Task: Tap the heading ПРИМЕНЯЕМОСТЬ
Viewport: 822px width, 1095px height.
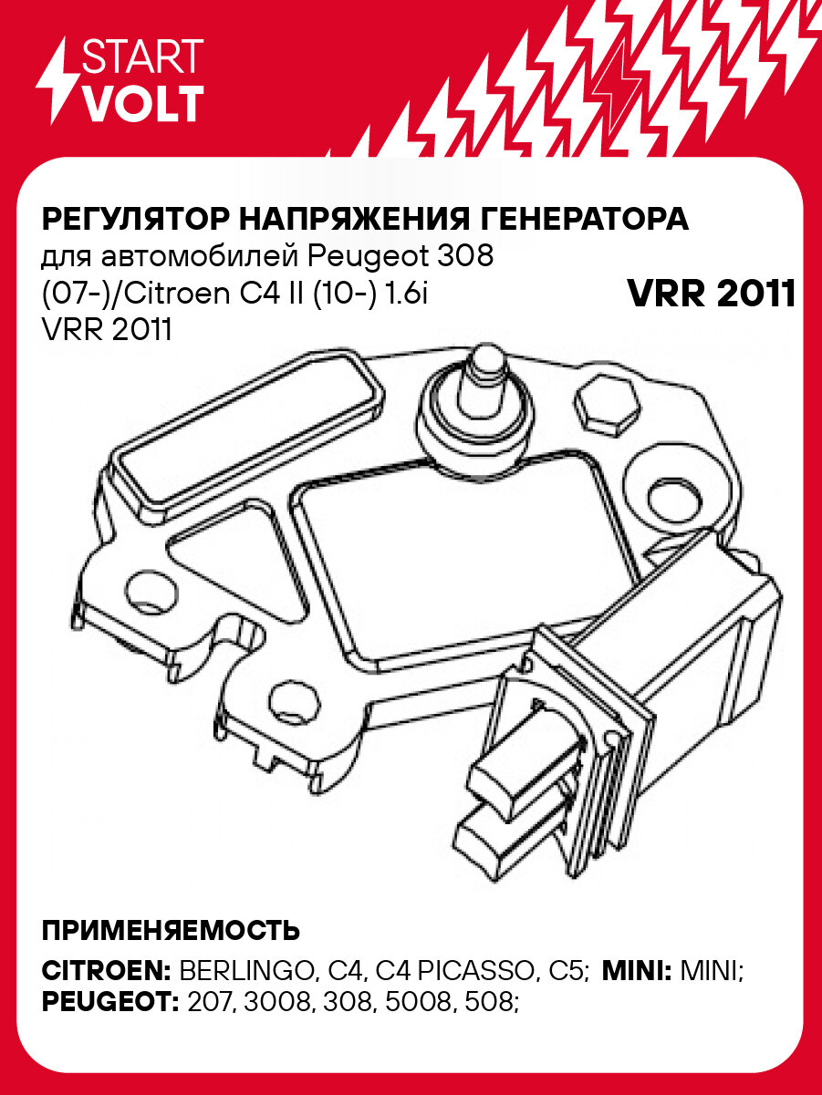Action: point(171,931)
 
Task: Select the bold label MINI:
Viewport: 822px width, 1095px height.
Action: point(638,970)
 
